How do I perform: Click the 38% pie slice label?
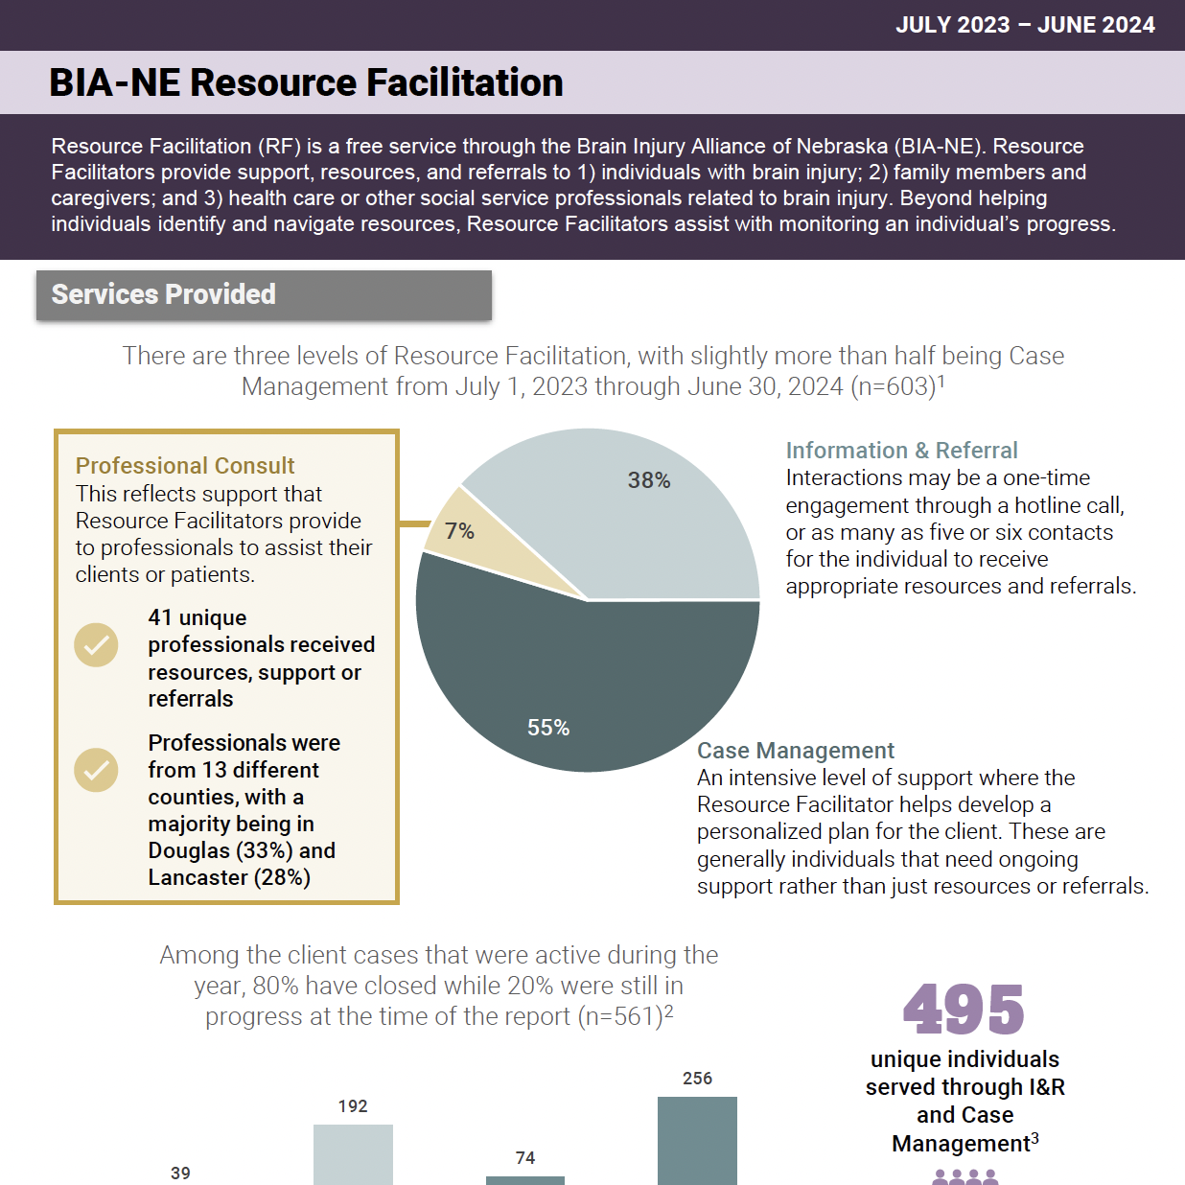649,480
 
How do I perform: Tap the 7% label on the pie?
460,531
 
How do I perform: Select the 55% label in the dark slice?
548,728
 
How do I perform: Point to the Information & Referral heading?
901,451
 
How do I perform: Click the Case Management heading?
795,751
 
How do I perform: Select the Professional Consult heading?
185,466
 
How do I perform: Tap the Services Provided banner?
264,294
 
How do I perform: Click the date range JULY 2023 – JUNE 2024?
1025,25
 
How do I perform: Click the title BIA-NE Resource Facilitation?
306,82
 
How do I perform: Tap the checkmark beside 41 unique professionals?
96,645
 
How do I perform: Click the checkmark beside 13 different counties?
96,770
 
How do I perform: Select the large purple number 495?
964,1010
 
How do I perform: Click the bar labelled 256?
697,1141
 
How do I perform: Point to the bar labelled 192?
353,1154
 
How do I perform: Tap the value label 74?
525,1158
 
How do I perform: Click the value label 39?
180,1173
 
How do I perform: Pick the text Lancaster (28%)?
229,877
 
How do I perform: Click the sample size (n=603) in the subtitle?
892,387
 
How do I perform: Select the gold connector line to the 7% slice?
414,523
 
